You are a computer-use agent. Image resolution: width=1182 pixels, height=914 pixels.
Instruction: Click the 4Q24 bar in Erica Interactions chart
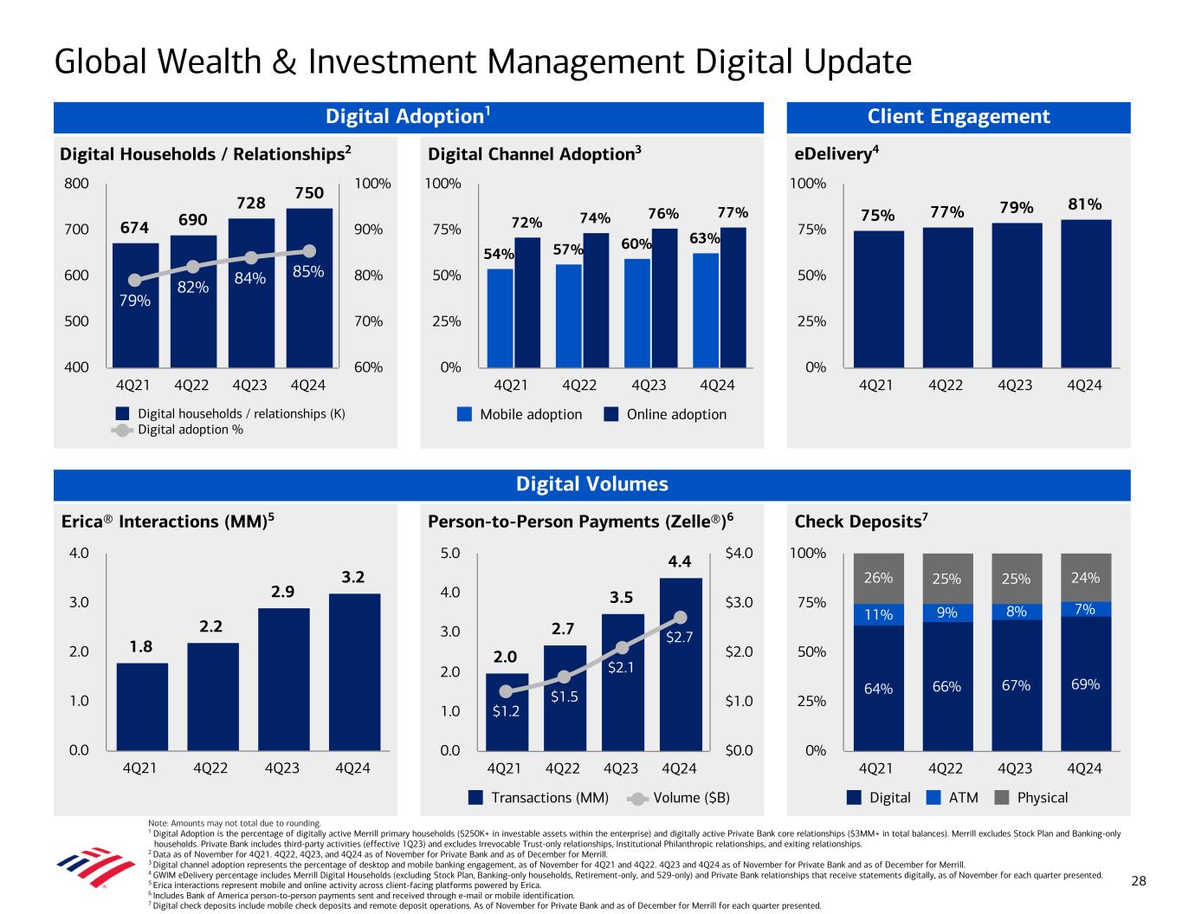[x=354, y=671]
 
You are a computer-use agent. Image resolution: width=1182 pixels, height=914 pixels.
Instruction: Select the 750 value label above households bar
[x=308, y=193]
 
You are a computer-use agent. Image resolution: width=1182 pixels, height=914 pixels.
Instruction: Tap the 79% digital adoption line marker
[x=135, y=280]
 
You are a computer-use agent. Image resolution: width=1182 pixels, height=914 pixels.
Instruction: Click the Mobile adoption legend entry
[x=520, y=414]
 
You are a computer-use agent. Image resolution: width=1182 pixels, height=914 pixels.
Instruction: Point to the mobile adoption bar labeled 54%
[x=500, y=317]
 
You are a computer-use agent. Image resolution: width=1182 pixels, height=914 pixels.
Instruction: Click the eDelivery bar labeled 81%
[x=1085, y=293]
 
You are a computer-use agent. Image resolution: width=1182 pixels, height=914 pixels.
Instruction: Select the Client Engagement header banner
[x=958, y=117]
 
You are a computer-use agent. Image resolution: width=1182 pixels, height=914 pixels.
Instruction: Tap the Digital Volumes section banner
[x=591, y=484]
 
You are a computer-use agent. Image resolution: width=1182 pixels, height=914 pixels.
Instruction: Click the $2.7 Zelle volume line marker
[x=680, y=618]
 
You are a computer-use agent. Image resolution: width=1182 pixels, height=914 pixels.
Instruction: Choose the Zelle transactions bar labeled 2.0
[x=507, y=710]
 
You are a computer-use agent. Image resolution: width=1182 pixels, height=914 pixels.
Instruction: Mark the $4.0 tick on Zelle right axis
[x=739, y=553]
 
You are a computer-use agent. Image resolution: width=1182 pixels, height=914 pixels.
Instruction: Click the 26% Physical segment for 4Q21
[x=878, y=578]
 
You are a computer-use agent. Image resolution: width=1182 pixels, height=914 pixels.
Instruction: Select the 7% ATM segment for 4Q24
[x=1085, y=609]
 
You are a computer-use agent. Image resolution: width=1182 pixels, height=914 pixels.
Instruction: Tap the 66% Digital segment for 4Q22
[x=946, y=685]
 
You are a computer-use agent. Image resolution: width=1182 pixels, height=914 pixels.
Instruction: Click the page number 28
[x=1139, y=881]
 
